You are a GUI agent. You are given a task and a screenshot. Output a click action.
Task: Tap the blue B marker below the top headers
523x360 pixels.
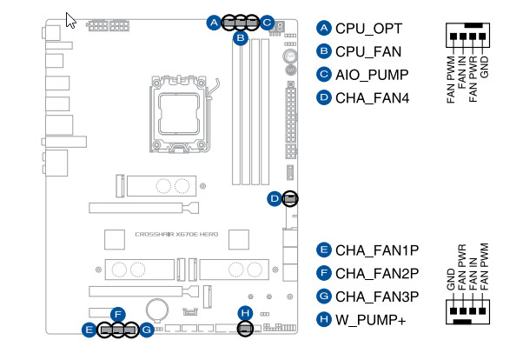(x=241, y=39)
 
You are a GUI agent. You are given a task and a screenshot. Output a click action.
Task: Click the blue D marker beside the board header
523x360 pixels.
(x=275, y=199)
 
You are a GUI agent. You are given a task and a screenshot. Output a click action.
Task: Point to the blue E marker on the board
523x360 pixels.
(x=89, y=330)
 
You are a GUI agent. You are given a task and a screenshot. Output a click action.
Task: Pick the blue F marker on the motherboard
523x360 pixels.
(x=118, y=314)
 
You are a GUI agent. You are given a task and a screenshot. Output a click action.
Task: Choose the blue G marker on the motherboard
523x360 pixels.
(x=147, y=330)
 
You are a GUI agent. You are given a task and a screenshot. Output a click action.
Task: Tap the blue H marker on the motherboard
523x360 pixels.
(x=245, y=313)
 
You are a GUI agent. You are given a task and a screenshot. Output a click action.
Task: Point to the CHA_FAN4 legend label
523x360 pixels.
(x=372, y=98)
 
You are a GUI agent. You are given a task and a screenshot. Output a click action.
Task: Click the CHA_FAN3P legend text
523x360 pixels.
(x=378, y=297)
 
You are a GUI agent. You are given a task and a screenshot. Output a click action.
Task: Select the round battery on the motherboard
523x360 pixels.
(x=156, y=309)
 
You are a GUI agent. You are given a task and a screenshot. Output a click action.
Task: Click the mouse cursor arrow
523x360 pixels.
(x=70, y=19)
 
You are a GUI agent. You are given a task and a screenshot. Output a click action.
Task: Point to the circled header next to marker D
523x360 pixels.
(x=290, y=199)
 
